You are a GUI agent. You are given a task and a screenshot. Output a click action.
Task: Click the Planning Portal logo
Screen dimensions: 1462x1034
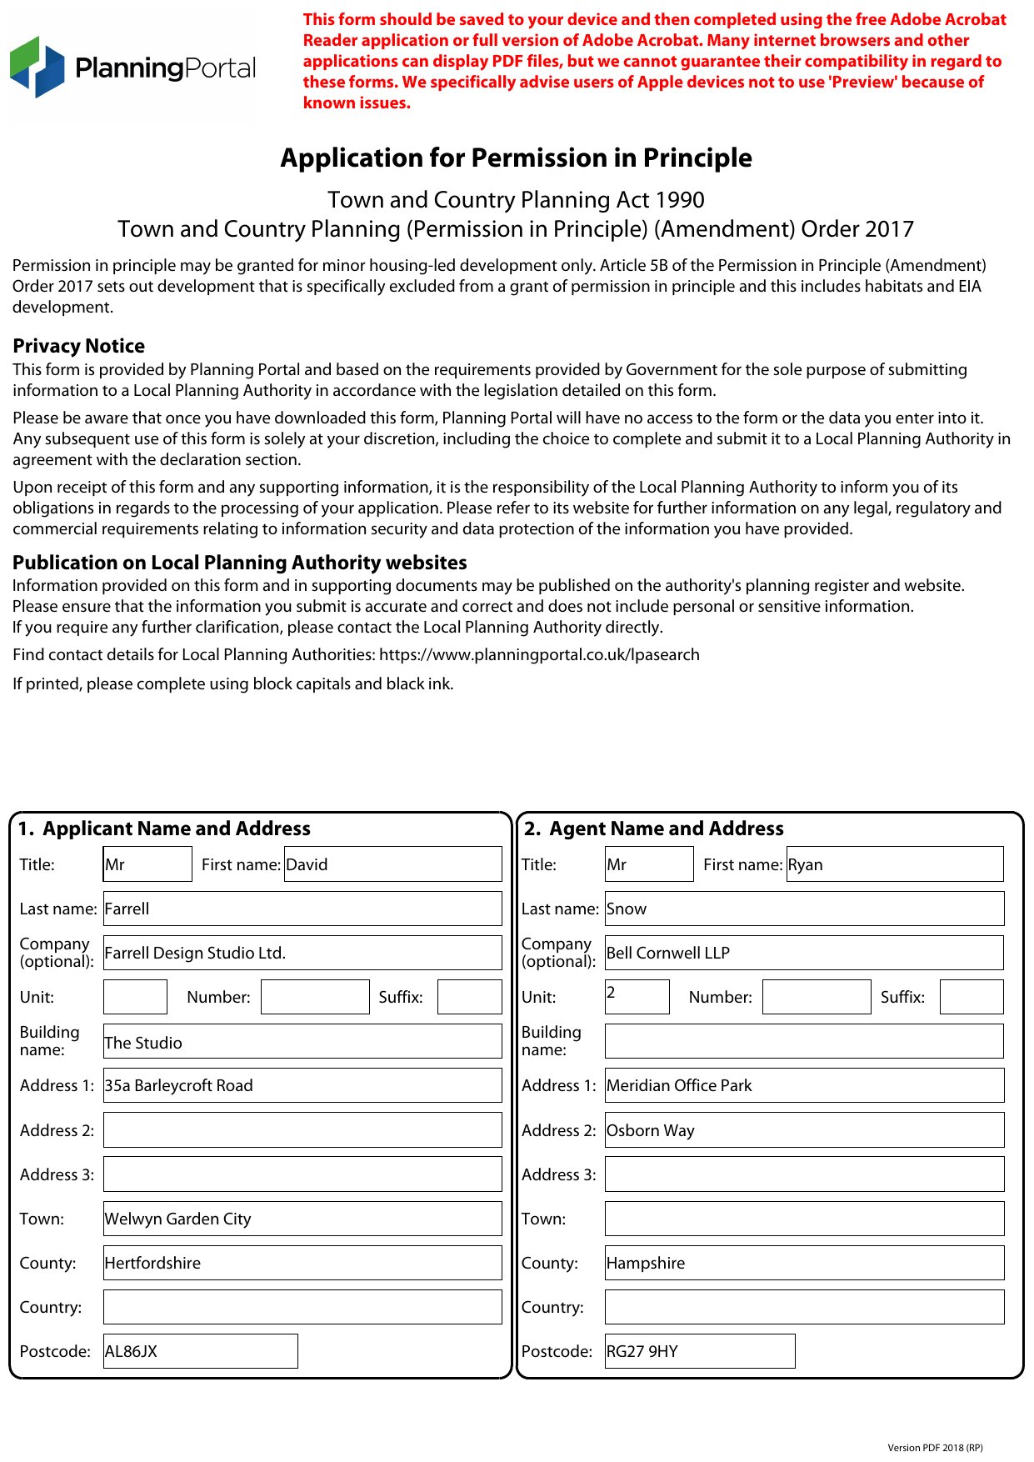pyautogui.click(x=133, y=68)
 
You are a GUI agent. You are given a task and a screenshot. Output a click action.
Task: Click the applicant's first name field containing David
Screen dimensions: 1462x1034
pyautogui.click(x=392, y=864)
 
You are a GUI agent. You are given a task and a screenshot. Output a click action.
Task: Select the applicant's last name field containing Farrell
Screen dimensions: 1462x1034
pyautogui.click(x=302, y=909)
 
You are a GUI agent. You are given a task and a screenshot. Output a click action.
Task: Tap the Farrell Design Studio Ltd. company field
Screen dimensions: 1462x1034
pyautogui.click(x=302, y=953)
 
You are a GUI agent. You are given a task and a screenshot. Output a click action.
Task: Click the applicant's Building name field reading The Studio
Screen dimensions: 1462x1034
pyautogui.click(x=302, y=1042)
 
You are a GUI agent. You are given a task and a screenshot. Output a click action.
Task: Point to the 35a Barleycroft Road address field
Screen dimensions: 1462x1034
pyautogui.click(x=302, y=1085)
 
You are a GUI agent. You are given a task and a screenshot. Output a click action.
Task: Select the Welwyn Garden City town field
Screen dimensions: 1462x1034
pyautogui.click(x=302, y=1219)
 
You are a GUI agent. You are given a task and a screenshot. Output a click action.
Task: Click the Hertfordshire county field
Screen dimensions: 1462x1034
pyautogui.click(x=302, y=1263)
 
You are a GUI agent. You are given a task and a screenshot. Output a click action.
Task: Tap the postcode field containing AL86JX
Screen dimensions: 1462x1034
pyautogui.click(x=200, y=1351)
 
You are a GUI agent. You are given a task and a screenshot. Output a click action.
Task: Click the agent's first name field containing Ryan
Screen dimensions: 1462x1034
pyautogui.click(x=894, y=864)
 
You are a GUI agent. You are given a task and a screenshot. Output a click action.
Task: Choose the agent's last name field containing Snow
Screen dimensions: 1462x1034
pyautogui.click(x=804, y=909)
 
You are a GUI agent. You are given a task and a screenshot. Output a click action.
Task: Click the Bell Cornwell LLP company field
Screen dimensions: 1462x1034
pyautogui.click(x=804, y=953)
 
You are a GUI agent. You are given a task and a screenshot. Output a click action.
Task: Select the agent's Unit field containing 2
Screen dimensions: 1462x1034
pyautogui.click(x=637, y=997)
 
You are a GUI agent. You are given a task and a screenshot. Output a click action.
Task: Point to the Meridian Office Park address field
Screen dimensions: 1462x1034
pyautogui.click(x=804, y=1085)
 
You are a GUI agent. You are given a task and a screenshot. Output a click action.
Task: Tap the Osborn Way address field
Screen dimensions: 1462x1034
pyautogui.click(x=804, y=1130)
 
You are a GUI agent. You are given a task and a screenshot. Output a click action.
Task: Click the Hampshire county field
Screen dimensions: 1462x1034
pyautogui.click(x=804, y=1263)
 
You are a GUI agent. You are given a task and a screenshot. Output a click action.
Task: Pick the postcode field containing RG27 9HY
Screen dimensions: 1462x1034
pyautogui.click(x=700, y=1351)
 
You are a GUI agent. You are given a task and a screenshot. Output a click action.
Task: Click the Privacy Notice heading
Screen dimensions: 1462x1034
pyautogui.click(x=79, y=346)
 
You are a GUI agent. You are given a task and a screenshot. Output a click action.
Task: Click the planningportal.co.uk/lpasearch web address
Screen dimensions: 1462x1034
pyautogui.click(x=539, y=655)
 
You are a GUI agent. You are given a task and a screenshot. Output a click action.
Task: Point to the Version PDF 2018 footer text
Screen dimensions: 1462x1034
pyautogui.click(x=935, y=1448)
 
